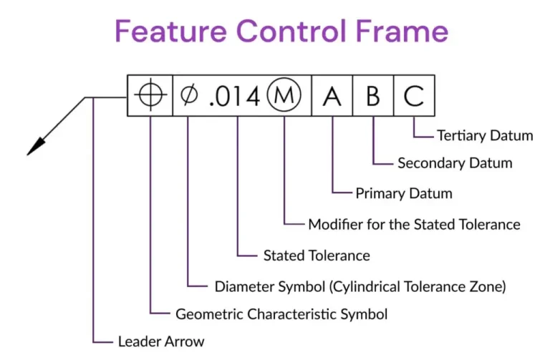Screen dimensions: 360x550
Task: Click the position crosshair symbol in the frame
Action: [x=150, y=97]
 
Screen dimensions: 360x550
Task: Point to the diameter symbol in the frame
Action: [x=188, y=97]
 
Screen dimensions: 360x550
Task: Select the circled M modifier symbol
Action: [x=284, y=97]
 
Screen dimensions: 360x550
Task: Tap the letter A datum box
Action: [x=332, y=97]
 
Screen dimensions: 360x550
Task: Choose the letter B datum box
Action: [x=372, y=97]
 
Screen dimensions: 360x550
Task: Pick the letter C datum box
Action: [x=413, y=97]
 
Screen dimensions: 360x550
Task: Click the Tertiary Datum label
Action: [x=484, y=135]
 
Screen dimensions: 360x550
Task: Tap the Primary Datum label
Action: [x=404, y=193]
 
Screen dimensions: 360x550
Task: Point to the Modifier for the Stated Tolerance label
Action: [x=414, y=224]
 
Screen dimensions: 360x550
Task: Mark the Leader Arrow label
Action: [x=161, y=341]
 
